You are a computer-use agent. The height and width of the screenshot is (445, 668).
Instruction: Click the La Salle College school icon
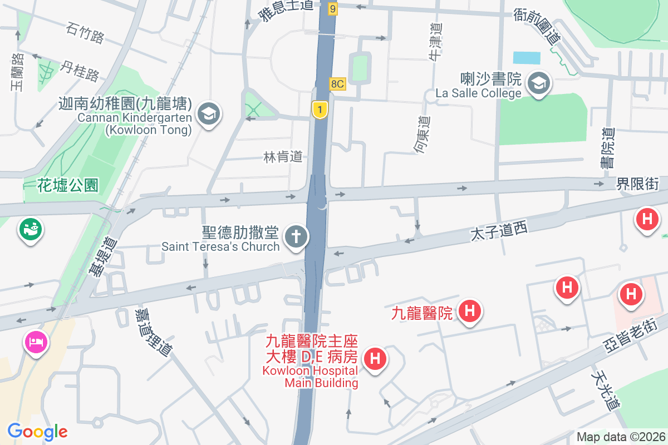pos(538,84)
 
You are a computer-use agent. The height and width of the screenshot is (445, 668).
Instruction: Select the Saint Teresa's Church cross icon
pos(296,238)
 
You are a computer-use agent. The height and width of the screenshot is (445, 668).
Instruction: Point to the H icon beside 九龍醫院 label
pos(470,310)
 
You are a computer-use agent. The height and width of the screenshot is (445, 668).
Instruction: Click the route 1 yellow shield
pos(320,109)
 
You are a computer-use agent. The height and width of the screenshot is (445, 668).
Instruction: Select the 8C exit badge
pos(338,84)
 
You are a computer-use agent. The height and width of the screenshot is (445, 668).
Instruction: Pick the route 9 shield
pos(333,8)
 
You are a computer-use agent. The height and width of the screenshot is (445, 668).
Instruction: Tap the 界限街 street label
pos(637,184)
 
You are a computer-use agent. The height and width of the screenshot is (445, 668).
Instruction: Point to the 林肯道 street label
pos(283,157)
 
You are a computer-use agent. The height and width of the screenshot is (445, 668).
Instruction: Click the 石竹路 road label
pos(85,33)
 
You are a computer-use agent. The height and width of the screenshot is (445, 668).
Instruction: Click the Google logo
pos(37,432)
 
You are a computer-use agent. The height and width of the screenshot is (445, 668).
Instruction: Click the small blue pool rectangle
pos(527,58)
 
